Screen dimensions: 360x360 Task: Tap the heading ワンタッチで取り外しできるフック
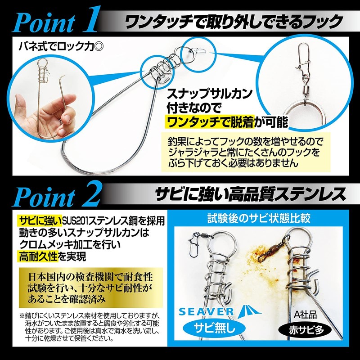[x=234, y=22]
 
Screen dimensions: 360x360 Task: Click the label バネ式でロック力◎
[x=61, y=46]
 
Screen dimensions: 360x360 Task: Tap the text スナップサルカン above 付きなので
[x=209, y=94]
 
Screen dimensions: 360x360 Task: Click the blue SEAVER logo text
[x=206, y=311]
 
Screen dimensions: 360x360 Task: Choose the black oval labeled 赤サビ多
[x=305, y=330]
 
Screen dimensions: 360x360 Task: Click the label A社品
[x=306, y=314]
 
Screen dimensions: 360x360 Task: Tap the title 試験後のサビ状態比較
[x=259, y=218]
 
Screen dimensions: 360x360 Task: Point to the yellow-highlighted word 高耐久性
[x=38, y=256]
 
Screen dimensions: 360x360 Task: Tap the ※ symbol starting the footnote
[x=22, y=315]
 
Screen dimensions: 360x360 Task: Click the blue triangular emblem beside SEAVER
[x=247, y=311]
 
